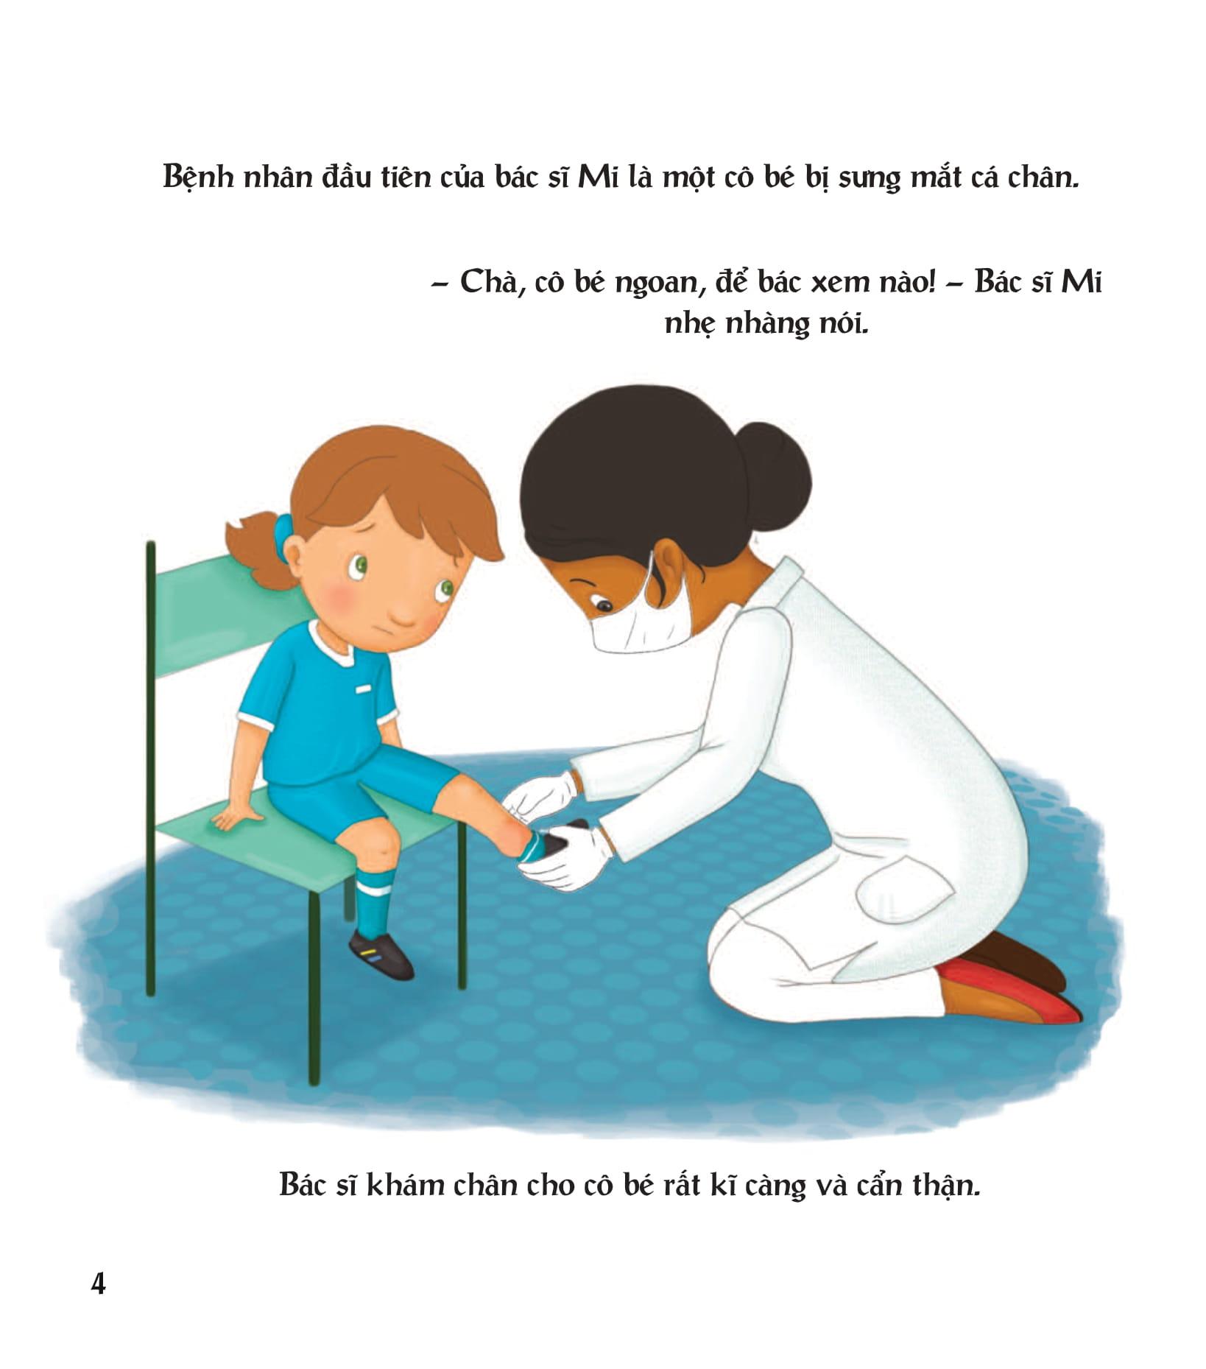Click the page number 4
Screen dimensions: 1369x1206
[98, 1284]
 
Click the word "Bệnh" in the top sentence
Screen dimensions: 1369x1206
[197, 179]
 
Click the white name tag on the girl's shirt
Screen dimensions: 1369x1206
[363, 689]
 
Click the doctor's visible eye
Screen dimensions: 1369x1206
[604, 605]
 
